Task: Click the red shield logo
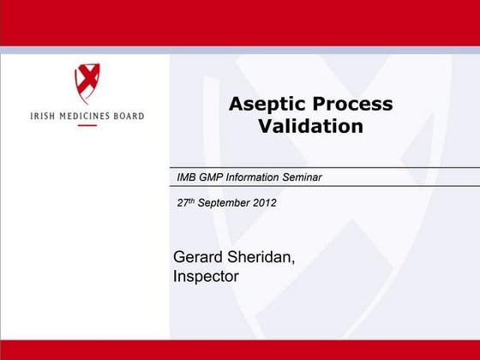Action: [x=87, y=83]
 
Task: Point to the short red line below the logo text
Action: [x=87, y=126]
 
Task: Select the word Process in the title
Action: [x=353, y=105]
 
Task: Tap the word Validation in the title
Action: [x=310, y=127]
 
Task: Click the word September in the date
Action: [x=225, y=203]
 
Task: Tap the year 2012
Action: [x=264, y=203]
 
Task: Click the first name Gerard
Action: [x=198, y=257]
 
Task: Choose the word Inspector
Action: [x=206, y=277]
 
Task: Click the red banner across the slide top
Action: [x=240, y=22]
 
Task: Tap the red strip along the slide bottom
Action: [x=240, y=349]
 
